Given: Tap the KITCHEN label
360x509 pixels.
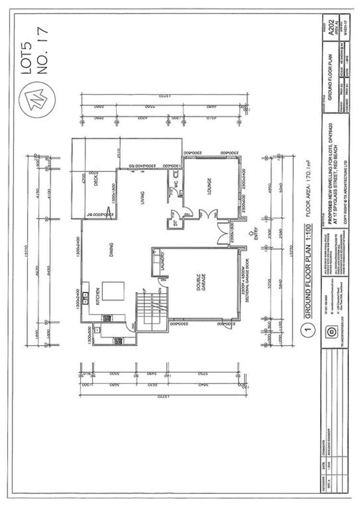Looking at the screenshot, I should click(x=98, y=297).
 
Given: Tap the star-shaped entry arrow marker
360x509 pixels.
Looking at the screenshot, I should click(x=251, y=235).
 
